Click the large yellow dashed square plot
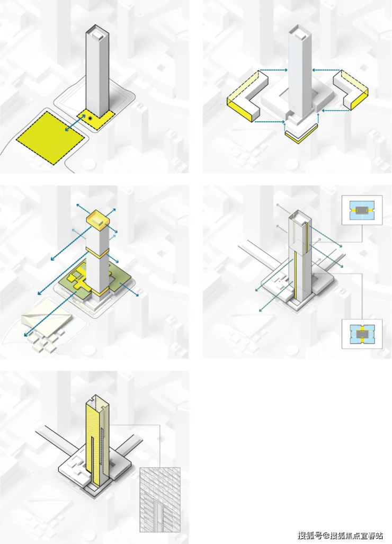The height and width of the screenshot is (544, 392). click(x=51, y=138)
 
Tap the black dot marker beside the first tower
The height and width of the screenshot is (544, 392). click(x=90, y=118)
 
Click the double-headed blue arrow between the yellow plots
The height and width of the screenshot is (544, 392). click(x=75, y=123)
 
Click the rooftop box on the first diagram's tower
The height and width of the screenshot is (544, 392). click(x=96, y=34)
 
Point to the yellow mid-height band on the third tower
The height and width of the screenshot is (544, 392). click(x=97, y=252)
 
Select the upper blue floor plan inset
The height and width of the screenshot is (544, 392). click(x=362, y=210)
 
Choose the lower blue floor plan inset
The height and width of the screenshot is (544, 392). click(x=362, y=334)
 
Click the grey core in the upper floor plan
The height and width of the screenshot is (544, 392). click(x=362, y=210)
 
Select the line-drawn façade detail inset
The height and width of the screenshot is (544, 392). click(x=160, y=500)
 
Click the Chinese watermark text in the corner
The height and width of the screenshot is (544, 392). click(x=340, y=536)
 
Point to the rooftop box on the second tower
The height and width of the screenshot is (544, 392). click(x=300, y=34)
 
